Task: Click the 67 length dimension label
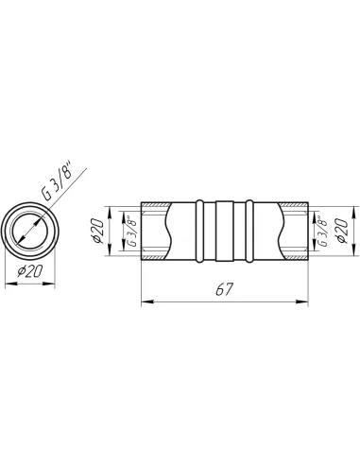tap(224, 289)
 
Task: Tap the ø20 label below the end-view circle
tap(29, 271)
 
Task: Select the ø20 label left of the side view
tap(97, 231)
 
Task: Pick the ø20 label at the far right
tap(342, 231)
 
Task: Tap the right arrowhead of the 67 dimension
tap(302, 301)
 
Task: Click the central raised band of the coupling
tap(225, 231)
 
